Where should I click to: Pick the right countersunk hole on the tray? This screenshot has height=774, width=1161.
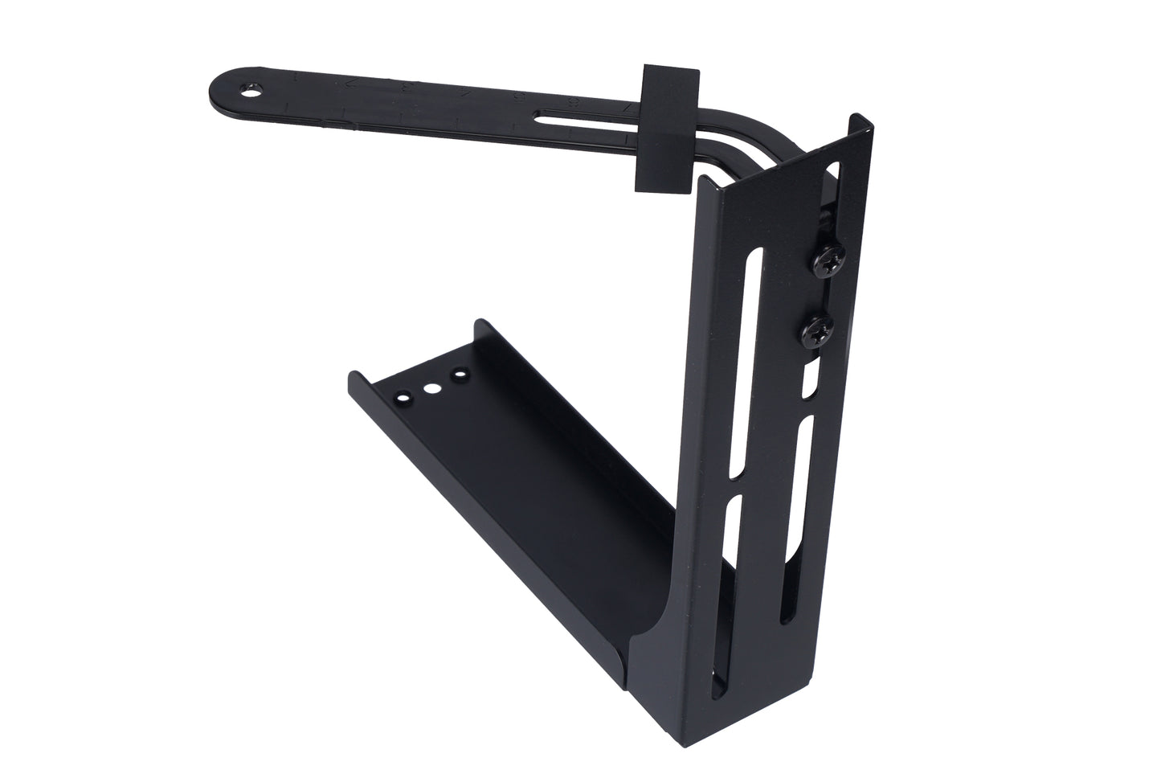(460, 375)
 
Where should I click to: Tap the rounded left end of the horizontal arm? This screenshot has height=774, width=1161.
(221, 85)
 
